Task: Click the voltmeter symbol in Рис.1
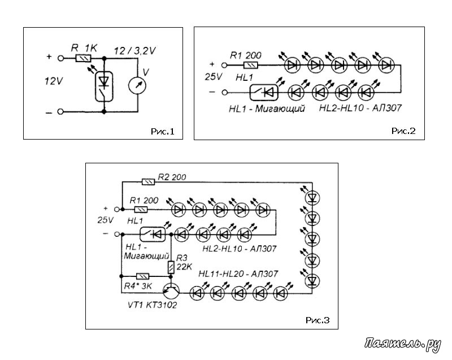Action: pos(137,85)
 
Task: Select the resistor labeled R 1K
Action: pos(83,58)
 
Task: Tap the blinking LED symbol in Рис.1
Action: pos(104,86)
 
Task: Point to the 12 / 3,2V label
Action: pos(134,51)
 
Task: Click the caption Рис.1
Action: pos(163,132)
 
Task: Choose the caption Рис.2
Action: pos(403,131)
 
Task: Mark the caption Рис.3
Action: pos(318,320)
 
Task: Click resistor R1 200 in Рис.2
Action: pos(251,66)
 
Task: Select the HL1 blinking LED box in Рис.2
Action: pos(264,92)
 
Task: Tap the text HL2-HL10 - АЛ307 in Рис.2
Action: pos(360,108)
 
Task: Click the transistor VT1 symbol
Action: pos(171,291)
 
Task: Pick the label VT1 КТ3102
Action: pos(152,305)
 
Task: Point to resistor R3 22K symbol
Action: pos(171,267)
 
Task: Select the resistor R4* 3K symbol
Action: pos(142,276)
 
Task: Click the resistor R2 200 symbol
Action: pos(148,182)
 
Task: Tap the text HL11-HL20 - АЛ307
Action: pos(238,274)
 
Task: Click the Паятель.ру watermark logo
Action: pos(402,344)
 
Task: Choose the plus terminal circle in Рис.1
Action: pos(60,58)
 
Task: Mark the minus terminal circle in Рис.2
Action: pos(224,93)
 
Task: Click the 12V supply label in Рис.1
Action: pos(54,81)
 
